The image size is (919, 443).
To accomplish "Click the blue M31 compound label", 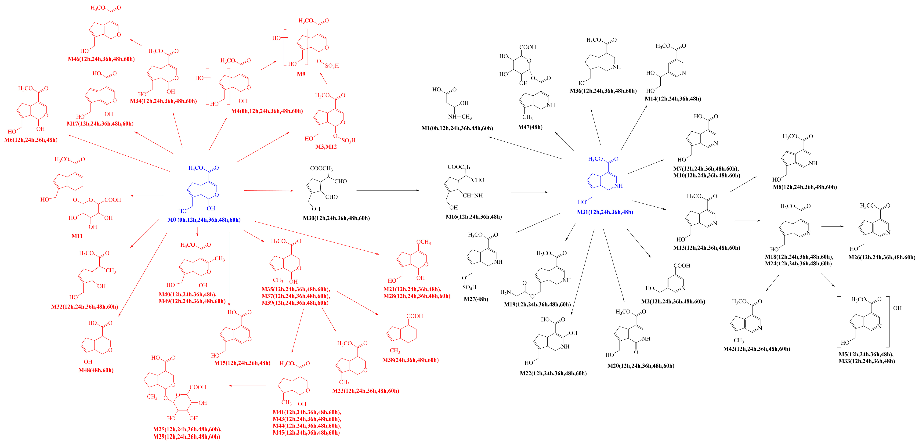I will point(605,212).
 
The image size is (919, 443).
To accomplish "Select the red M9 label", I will point(301,74).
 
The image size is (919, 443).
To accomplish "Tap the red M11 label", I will point(77,236).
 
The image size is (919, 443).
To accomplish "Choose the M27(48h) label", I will point(476,299).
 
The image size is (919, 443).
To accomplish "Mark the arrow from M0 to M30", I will point(269,191).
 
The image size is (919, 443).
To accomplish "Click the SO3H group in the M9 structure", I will point(332,66).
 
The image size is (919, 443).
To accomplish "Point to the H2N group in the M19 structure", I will point(506,292).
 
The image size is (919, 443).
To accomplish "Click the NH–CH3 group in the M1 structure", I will point(459,117).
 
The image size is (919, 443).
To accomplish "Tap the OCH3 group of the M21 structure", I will point(423,242).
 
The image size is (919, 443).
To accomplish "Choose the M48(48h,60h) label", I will point(96,370).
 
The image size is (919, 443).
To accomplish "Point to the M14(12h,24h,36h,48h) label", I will point(673,99).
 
